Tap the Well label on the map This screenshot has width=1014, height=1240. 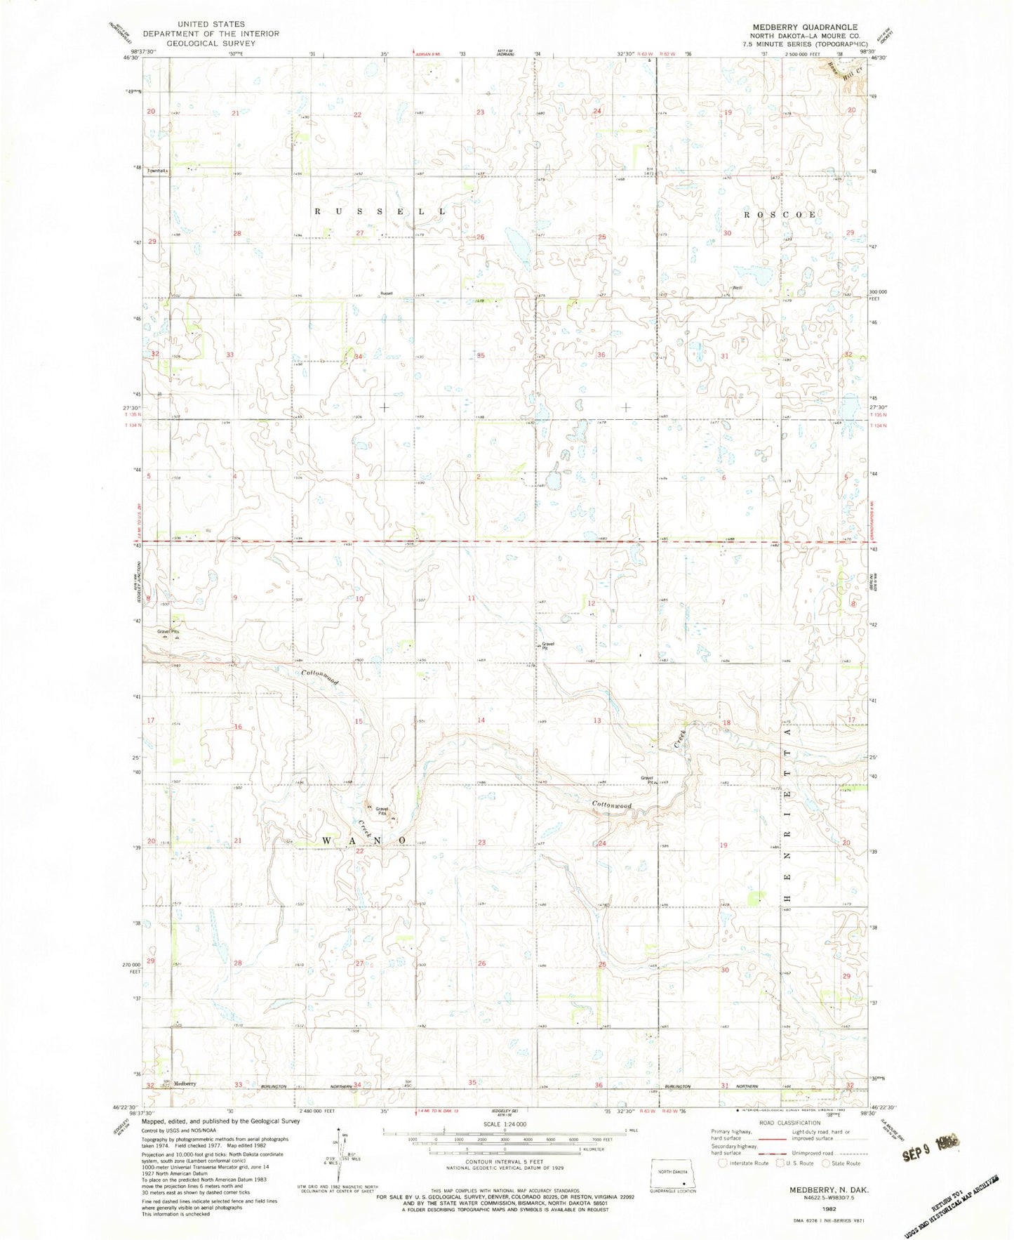coord(737,288)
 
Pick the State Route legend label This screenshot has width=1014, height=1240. coord(846,1163)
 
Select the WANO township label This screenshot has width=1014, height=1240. coord(363,840)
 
